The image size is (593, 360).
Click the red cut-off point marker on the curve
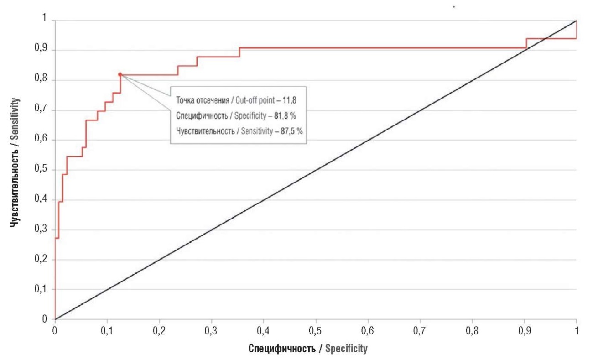(x=120, y=74)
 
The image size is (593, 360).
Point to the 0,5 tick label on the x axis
(x=316, y=330)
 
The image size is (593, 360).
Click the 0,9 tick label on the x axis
(x=525, y=330)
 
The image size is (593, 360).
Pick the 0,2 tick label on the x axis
(x=159, y=330)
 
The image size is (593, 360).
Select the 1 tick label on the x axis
(x=577, y=330)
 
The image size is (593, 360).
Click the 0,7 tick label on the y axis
(x=42, y=110)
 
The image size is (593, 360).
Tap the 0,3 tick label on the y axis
(x=42, y=230)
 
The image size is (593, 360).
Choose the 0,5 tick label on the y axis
(x=42, y=170)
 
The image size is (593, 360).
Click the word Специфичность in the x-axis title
(x=282, y=349)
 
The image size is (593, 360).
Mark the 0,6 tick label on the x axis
(x=368, y=330)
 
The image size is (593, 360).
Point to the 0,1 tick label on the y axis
(x=42, y=289)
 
